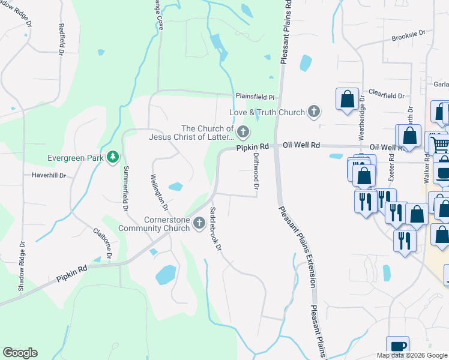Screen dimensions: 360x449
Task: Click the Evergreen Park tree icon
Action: click(112, 158)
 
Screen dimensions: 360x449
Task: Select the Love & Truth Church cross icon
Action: click(313, 112)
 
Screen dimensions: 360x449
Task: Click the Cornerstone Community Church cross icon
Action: click(197, 223)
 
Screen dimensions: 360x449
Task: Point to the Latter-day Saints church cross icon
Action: click(243, 131)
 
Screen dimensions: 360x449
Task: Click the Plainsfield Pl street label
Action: click(255, 97)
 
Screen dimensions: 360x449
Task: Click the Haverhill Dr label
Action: click(49, 176)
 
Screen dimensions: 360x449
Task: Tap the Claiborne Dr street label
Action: click(103, 243)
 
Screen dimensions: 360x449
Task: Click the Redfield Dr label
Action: click(61, 39)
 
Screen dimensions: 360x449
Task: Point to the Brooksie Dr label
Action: click(408, 37)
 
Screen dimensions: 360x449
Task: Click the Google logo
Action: click(20, 353)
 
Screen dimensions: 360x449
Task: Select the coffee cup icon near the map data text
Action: click(397, 346)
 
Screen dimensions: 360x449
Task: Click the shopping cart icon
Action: click(440, 144)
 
